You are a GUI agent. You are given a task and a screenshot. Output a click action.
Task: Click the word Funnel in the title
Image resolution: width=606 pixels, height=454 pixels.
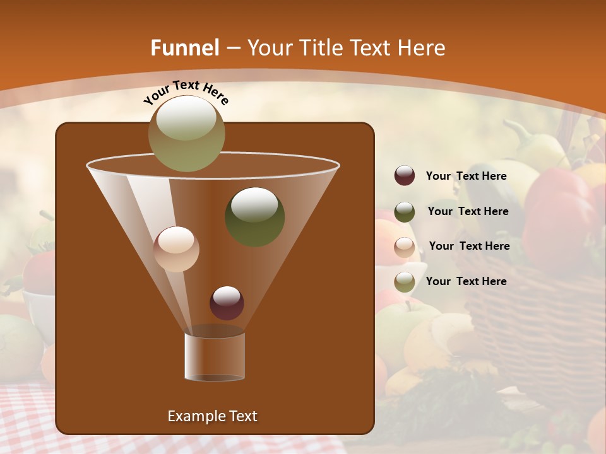[184, 48]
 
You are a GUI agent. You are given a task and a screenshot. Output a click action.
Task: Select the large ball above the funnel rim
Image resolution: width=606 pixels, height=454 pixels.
[186, 133]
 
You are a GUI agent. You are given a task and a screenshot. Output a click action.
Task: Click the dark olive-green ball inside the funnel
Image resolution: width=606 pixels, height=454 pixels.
[254, 217]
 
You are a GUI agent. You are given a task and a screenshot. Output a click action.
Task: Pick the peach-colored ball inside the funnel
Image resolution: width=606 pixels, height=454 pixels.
[176, 249]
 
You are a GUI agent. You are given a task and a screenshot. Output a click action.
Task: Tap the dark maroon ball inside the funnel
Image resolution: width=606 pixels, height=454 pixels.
[227, 303]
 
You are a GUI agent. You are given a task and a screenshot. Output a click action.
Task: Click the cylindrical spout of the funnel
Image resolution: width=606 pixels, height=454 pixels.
[215, 356]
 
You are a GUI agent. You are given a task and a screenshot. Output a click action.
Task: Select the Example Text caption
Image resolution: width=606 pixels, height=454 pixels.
[213, 416]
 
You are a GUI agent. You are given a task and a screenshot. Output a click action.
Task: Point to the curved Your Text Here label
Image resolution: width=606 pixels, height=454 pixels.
[186, 91]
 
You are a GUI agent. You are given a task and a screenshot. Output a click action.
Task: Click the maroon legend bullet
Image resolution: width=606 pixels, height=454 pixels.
[405, 176]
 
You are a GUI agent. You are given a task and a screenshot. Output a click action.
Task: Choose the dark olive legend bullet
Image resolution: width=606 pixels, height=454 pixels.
[405, 212]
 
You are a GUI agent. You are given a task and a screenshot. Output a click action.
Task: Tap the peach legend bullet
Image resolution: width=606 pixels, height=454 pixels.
[405, 247]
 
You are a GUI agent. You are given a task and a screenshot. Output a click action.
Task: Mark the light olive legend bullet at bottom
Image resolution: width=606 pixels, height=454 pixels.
[405, 282]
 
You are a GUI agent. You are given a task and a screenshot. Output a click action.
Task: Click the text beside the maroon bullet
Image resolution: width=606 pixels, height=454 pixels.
[466, 177]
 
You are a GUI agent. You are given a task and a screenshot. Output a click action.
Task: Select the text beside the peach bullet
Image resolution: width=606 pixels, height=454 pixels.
[469, 246]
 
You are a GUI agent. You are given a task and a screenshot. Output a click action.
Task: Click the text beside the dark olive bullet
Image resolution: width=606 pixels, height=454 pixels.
[468, 211]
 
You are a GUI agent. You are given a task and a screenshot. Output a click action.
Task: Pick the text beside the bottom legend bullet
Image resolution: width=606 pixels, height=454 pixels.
[466, 281]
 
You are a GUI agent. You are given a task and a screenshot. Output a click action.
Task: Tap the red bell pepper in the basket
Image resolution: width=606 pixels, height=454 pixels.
[559, 214]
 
